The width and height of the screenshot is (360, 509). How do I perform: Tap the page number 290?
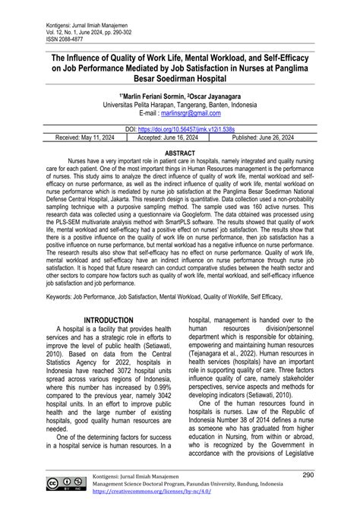pos(330,475)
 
